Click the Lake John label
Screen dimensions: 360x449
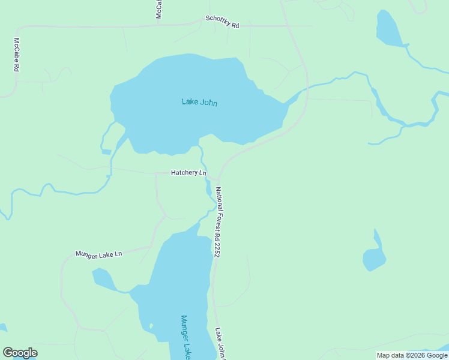[199, 102]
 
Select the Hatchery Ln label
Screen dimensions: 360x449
[188, 173]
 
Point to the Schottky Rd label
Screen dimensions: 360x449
[222, 22]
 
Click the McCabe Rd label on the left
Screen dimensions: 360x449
[17, 55]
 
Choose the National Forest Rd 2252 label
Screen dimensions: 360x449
[218, 222]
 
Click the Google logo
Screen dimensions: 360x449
[20, 353]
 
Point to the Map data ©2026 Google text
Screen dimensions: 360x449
[412, 355]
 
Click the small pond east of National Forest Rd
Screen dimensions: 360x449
[374, 258]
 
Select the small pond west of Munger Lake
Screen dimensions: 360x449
[102, 278]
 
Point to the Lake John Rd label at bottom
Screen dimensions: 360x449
[220, 343]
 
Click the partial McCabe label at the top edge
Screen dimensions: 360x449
[158, 8]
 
